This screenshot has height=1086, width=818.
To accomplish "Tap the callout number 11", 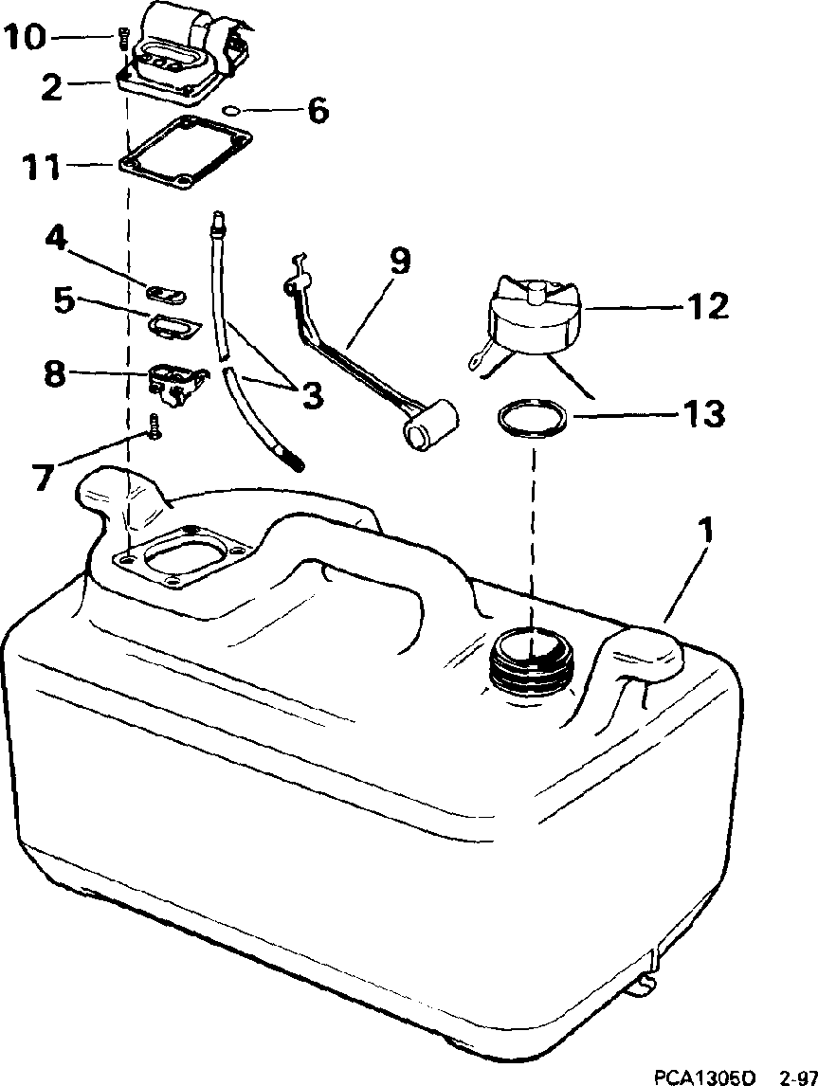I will [43, 169].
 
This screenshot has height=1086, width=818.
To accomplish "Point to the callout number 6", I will [317, 111].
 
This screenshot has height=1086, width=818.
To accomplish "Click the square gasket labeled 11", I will [186, 154].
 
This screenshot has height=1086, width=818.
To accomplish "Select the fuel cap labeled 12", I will [534, 316].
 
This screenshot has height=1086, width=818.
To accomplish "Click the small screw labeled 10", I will [122, 40].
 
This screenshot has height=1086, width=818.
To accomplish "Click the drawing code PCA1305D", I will [704, 1076].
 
